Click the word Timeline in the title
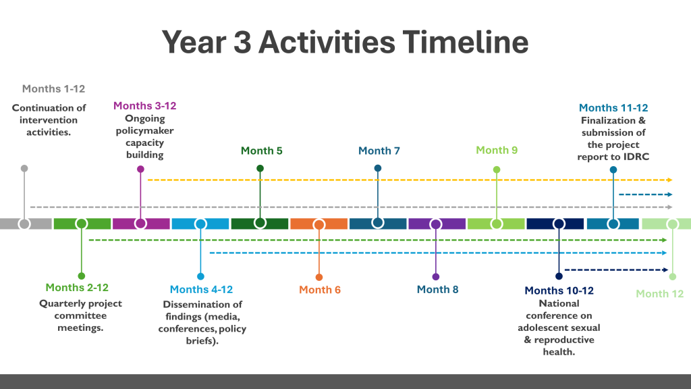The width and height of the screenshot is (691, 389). (466, 43)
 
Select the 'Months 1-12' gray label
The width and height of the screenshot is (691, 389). (53, 88)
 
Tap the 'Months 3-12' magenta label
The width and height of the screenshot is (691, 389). (144, 106)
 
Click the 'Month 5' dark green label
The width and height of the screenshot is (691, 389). (261, 151)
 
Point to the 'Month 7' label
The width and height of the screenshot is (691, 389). (379, 151)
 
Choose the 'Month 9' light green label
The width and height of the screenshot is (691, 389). (497, 151)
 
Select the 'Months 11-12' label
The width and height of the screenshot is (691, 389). (613, 107)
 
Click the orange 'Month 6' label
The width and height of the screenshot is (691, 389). (320, 290)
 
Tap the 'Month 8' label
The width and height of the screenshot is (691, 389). (437, 289)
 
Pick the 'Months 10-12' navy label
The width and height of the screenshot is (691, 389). (559, 290)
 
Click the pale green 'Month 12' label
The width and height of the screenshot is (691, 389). (660, 294)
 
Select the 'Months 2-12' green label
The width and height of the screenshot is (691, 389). (77, 288)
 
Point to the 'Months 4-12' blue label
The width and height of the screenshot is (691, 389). (201, 289)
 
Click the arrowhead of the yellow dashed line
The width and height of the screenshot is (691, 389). (670, 180)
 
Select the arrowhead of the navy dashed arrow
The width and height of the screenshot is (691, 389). (665, 270)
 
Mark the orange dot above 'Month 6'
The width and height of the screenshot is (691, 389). (319, 278)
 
